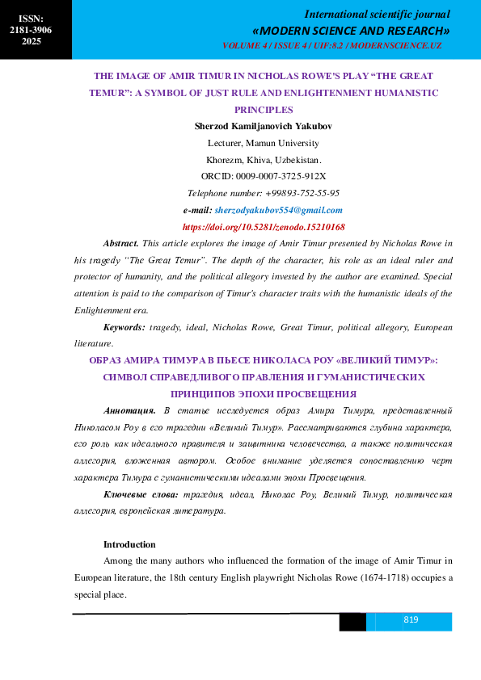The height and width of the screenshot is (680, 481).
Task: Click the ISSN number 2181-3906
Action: [31, 29]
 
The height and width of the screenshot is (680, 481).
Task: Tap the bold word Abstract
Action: [121, 243]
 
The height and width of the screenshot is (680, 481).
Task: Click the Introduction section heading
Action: [129, 544]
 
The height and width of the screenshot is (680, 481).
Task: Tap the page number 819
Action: [411, 620]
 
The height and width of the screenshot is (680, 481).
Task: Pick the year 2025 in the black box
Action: [31, 41]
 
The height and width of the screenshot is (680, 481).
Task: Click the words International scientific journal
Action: [377, 14]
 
